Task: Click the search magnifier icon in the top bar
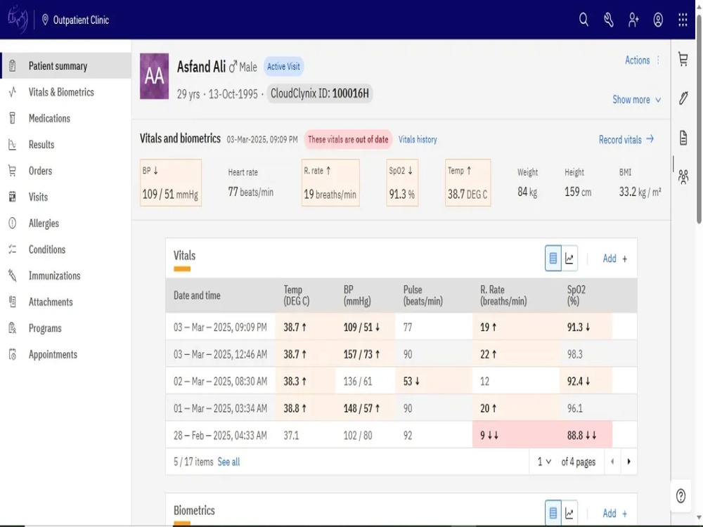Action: [583, 20]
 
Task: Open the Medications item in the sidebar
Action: [49, 118]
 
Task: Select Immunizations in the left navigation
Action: [54, 275]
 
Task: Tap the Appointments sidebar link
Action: [53, 354]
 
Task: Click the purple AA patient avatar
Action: [154, 76]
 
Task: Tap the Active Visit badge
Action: [283, 66]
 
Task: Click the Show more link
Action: [636, 100]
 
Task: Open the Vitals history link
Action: [418, 139]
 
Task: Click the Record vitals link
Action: [626, 140]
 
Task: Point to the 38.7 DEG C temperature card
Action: [467, 183]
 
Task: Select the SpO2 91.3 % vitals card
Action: [402, 183]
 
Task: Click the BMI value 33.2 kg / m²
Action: [640, 192]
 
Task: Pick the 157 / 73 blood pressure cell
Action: [365, 354]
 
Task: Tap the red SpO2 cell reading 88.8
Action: [586, 435]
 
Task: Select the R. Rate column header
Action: [503, 295]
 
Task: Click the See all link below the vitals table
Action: [228, 462]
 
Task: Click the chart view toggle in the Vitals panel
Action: [569, 259]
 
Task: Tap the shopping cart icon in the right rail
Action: [683, 59]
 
